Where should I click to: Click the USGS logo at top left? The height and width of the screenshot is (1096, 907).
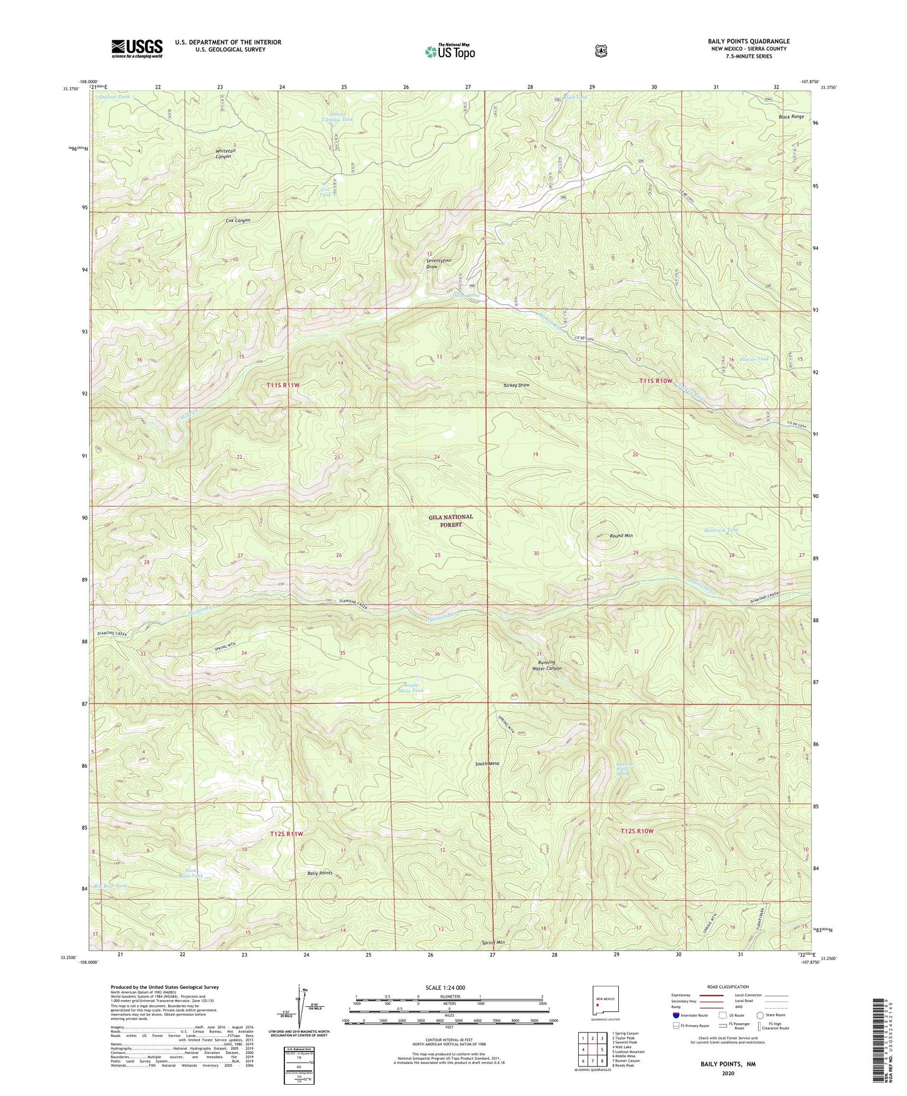(137, 48)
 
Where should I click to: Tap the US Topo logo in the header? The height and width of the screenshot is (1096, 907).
(449, 51)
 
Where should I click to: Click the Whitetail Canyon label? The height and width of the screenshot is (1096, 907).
(223, 154)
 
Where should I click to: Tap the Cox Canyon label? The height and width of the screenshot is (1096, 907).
(238, 220)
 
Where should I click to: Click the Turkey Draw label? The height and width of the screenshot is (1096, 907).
(516, 385)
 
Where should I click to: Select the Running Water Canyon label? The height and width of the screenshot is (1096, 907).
(546, 665)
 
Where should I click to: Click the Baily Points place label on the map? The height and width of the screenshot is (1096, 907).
(319, 873)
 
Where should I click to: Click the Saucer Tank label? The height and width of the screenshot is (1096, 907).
(754, 359)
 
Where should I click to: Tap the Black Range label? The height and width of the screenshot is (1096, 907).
(791, 117)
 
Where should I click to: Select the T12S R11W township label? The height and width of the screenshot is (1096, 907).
(287, 834)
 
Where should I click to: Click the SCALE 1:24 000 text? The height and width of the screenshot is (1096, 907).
(445, 987)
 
